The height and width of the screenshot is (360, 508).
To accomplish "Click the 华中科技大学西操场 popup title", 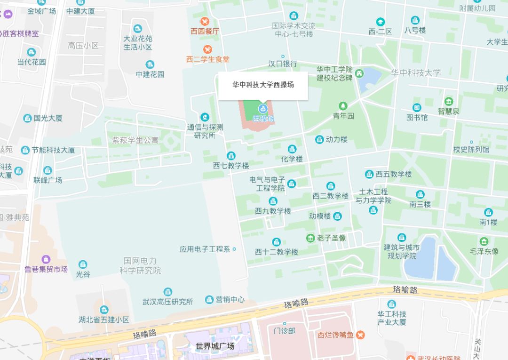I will click(263, 85).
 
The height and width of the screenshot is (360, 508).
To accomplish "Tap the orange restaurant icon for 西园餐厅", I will click(205, 22).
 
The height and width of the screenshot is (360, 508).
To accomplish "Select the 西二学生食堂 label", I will click(208, 59).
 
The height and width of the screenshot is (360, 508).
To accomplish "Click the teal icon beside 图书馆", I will click(417, 108).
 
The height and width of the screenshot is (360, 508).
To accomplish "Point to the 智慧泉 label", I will click(448, 112).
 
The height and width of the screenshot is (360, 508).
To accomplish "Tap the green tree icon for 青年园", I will click(343, 105).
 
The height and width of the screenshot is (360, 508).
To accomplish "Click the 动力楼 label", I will click(336, 140).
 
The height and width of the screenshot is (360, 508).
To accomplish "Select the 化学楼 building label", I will click(292, 159).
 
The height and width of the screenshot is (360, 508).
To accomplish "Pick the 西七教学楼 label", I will click(231, 166).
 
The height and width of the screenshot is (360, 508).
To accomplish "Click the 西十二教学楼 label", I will click(277, 252).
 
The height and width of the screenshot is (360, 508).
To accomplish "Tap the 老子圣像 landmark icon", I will click(310, 238).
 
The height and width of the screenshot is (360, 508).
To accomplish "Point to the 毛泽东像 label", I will click(484, 251).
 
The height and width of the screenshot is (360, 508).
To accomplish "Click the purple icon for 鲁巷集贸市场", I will click(46, 259).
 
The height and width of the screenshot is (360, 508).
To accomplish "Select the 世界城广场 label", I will click(215, 346).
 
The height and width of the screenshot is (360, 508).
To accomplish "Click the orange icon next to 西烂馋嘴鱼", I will click(360, 335).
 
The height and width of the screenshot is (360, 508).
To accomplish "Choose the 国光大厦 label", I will click(48, 118).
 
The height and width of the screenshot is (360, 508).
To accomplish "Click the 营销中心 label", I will click(230, 300).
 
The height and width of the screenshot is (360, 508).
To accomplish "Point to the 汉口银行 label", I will click(283, 64).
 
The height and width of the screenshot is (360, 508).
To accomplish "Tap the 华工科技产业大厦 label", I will click(392, 318).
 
